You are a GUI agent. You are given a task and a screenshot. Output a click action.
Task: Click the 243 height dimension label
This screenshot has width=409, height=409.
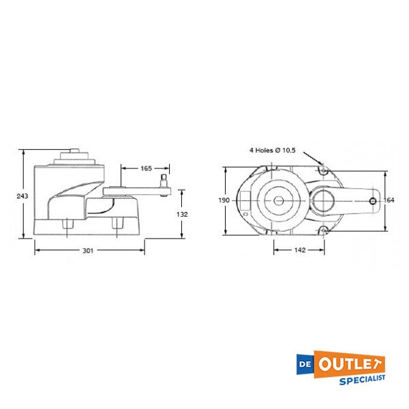point(22,196)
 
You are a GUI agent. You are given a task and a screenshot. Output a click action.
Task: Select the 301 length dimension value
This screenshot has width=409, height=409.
point(88,251)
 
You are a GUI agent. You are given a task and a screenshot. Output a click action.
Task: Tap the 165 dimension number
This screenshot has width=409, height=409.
point(146,168)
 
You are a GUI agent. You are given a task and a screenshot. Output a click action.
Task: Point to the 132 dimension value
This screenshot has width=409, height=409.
point(181,214)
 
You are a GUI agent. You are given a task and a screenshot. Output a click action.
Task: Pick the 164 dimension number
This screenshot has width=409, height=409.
point(389,200)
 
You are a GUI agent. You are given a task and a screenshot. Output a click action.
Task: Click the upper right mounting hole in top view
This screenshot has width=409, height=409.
point(325,171)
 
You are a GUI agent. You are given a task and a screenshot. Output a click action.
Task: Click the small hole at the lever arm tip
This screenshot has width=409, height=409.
point(372,201)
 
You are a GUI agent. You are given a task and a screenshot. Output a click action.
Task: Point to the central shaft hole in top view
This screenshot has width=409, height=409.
point(278,201)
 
